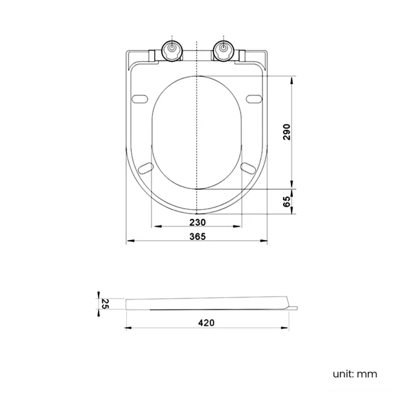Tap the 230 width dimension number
(197, 222)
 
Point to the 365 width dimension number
(197, 236)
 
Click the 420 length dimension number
(206, 323)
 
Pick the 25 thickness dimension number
(103, 304)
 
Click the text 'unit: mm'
(354, 374)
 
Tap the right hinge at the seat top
(223, 50)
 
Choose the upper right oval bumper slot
(255, 98)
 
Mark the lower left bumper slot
(145, 166)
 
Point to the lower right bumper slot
(248, 166)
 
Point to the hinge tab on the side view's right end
(293, 308)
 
